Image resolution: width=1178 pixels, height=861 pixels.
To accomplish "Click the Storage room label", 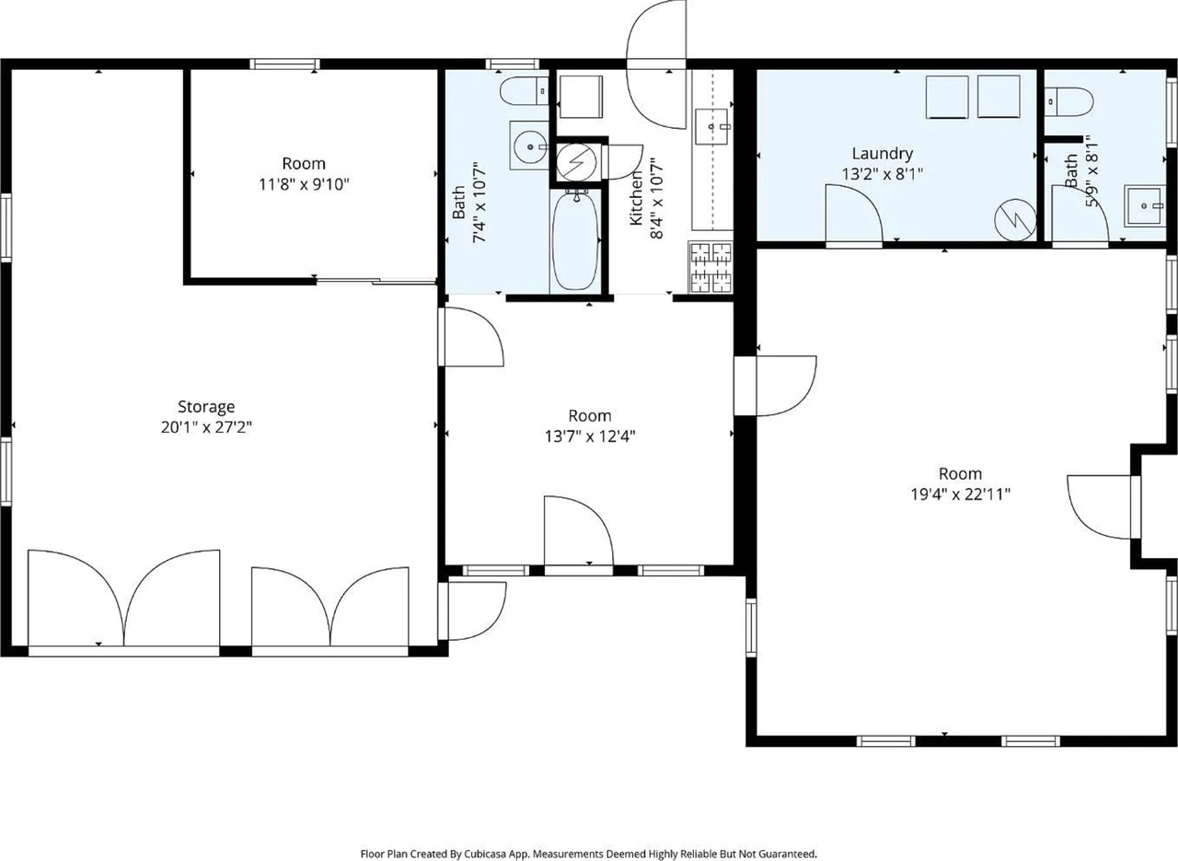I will (206, 406).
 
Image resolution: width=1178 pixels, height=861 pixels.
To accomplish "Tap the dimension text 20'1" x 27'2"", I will (206, 427).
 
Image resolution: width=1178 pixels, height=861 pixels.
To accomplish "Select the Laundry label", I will (882, 154).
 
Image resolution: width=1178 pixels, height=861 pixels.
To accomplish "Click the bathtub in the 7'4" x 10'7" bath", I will (575, 239).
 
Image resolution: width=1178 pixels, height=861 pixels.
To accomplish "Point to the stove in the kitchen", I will (710, 266).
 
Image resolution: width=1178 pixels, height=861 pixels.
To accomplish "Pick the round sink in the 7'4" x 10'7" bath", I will (529, 145).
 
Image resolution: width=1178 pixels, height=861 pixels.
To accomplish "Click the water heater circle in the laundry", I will (1015, 219).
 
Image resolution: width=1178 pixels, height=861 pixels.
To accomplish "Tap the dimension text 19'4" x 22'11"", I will (960, 494).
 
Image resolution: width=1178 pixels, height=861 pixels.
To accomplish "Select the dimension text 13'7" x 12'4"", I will (589, 436).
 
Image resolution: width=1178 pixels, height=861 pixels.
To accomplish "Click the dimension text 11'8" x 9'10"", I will (304, 184).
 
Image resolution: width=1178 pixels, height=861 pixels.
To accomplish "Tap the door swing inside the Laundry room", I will (852, 215).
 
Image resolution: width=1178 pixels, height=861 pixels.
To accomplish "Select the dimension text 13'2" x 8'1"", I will (882, 173).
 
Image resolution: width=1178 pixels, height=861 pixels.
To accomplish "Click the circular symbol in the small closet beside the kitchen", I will (577, 163).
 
